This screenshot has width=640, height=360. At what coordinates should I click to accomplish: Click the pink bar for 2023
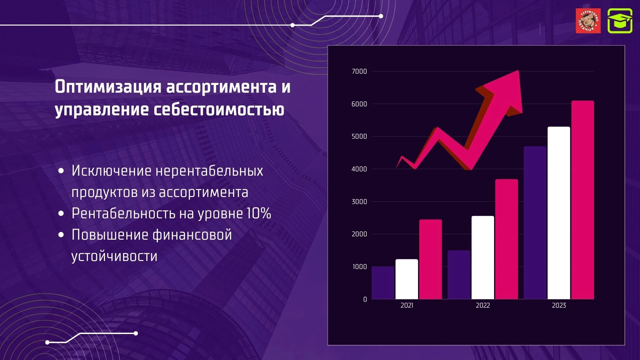pos(583,200)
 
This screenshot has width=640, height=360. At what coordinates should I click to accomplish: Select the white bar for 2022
pos(483,258)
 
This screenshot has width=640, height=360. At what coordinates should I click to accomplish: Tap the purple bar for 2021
pos(383,283)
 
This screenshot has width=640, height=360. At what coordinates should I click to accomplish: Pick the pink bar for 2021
pos(431,259)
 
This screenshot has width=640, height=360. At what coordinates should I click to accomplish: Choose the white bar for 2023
pos(559,213)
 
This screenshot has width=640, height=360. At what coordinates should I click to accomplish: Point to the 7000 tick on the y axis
pos(359,71)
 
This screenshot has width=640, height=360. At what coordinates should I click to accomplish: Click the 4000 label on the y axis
pos(359,169)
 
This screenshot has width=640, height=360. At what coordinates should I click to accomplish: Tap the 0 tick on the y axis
pos(365,299)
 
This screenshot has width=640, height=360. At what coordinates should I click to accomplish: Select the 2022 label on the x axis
pos(483,305)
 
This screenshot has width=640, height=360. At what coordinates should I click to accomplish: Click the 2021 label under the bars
pos(407,305)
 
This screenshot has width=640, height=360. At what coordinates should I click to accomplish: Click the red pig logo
pos(588,21)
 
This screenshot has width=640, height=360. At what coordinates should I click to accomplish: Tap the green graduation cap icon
pos(620,21)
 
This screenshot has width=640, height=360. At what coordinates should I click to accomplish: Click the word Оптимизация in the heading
pos(108,87)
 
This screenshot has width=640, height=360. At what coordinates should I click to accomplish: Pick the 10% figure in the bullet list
pos(259,213)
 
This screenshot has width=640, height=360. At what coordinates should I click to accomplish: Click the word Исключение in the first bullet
pos(112,171)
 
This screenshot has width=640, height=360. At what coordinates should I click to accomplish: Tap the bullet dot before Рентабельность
pos(61,213)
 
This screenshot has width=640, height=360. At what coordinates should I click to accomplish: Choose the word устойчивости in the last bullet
pos(114,256)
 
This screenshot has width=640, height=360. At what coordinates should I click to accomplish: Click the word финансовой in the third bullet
pos(192,235)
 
